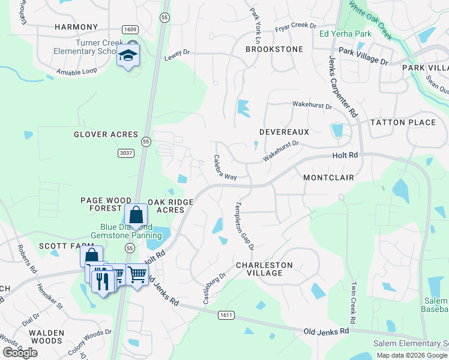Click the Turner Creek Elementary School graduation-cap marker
[128, 56]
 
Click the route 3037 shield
[125, 154]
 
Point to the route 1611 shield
[226, 315]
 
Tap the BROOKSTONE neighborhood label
[274, 49]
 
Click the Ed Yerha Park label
[345, 34]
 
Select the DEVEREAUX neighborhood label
[284, 131]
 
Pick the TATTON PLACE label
[403, 122]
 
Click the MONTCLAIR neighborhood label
[328, 178]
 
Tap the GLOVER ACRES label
[106, 134]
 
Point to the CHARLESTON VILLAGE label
[264, 269]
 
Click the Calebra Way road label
[225, 169]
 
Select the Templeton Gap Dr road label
[244, 225]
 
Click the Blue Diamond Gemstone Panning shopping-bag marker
[136, 215]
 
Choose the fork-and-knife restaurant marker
[102, 280]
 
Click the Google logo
[20, 353]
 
